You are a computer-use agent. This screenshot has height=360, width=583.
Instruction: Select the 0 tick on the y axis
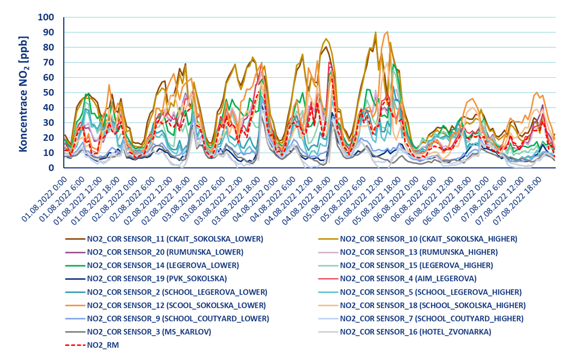coord(51,168)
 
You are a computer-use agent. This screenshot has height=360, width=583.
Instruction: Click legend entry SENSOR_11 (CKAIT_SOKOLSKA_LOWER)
coord(175,239)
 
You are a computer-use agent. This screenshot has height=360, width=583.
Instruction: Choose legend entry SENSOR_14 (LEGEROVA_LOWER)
coord(163,265)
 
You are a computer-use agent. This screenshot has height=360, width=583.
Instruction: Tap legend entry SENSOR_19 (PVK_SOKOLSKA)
coord(156,278)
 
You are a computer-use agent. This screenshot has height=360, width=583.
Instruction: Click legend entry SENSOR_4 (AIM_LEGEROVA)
coord(408,278)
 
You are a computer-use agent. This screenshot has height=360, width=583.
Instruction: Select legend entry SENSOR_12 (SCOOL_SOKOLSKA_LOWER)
coord(176,305)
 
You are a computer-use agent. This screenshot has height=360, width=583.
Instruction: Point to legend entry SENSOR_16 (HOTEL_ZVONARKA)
coord(415,332)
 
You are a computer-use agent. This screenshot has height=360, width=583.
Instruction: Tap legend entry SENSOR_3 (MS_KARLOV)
coord(149,332)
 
